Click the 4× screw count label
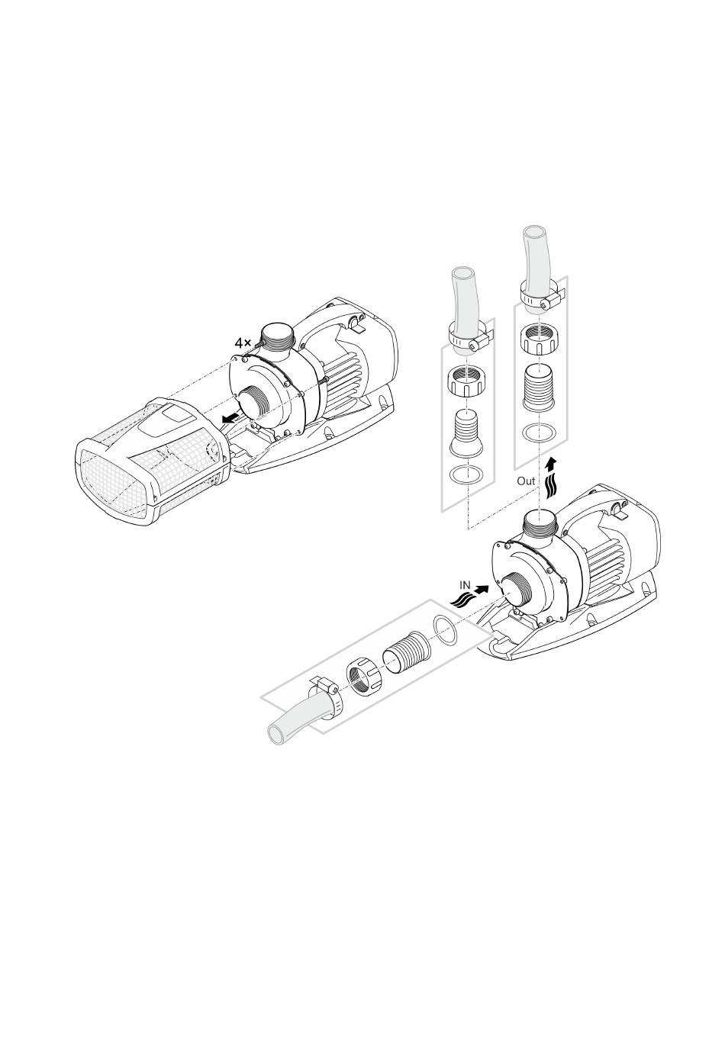click(x=243, y=343)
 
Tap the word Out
click(x=526, y=481)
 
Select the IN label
click(x=465, y=585)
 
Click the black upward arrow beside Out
click(x=550, y=464)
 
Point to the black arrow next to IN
click(x=481, y=589)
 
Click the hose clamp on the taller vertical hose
click(x=541, y=298)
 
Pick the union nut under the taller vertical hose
click(x=539, y=339)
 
